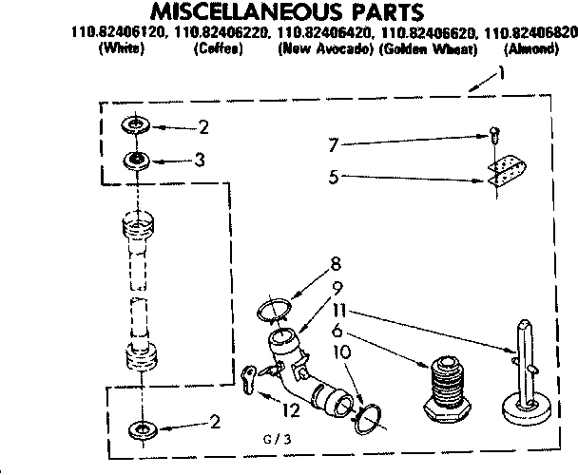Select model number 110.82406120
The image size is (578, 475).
pyautogui.click(x=120, y=33)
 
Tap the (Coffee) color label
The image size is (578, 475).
pyautogui.click(x=220, y=48)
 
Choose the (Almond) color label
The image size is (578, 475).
pyautogui.click(x=531, y=48)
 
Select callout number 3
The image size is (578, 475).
pyautogui.click(x=200, y=161)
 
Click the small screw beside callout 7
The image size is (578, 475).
pyautogui.click(x=494, y=134)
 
